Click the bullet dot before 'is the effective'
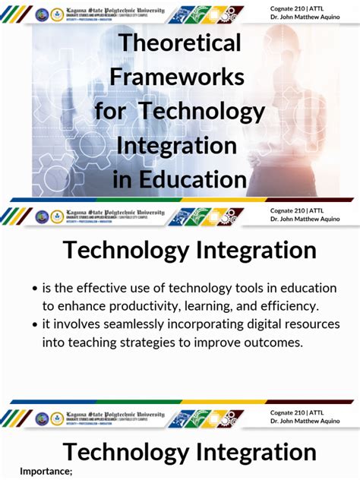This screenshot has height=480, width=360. point(35,289)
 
